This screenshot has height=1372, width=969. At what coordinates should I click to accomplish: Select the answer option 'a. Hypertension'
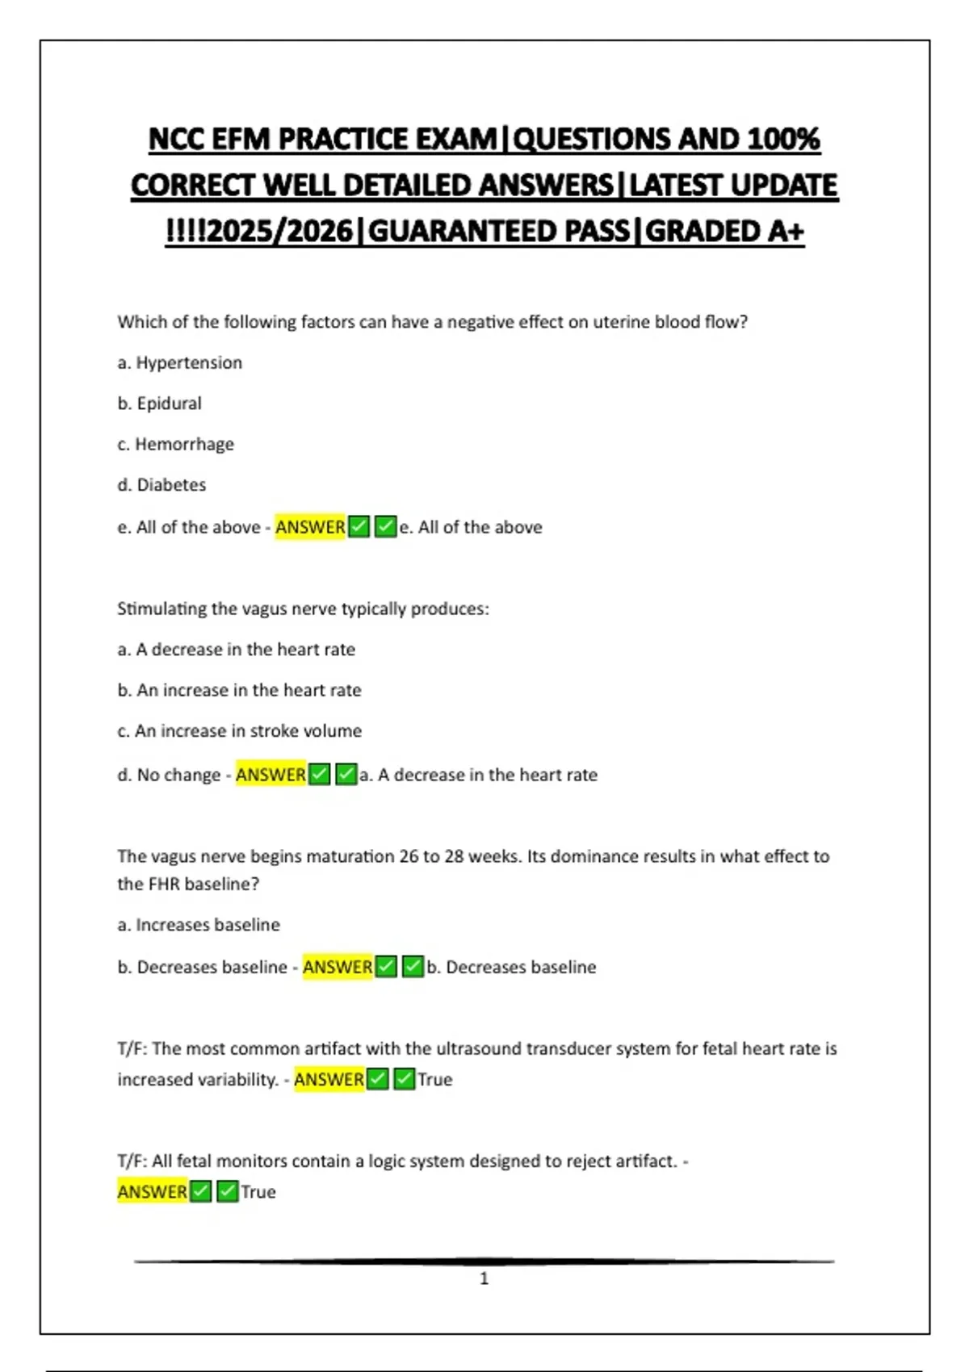[179, 363]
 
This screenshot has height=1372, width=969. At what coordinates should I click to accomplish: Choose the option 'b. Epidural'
[159, 404]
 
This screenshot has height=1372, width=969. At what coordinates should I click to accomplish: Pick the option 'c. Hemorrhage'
[175, 445]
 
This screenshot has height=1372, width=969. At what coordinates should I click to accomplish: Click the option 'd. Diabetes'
[161, 485]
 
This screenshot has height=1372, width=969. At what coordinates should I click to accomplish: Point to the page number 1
[484, 1278]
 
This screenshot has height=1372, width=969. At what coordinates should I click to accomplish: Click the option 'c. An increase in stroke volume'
[239, 731]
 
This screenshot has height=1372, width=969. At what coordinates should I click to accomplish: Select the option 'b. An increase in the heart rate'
[239, 691]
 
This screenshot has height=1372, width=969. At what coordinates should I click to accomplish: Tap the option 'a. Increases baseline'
[199, 925]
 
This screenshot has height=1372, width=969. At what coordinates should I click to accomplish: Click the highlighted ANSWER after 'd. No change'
[271, 775]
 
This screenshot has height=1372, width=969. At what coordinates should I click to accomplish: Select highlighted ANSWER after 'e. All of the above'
[310, 527]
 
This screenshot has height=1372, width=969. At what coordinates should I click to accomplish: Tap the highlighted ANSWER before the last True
[152, 1192]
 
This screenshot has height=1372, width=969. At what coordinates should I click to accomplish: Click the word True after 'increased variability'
[434, 1080]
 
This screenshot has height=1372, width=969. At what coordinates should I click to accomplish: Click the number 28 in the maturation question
[454, 856]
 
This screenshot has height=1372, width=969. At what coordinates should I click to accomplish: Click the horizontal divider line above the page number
[484, 1261]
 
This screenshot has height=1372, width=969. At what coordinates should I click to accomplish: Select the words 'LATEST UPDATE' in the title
[732, 186]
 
